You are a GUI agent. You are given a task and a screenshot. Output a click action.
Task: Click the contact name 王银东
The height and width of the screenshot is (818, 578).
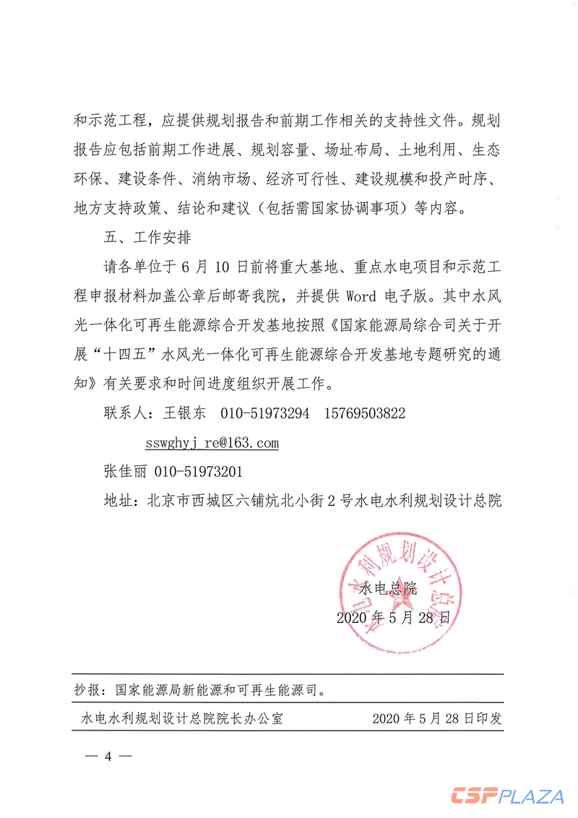click(185, 413)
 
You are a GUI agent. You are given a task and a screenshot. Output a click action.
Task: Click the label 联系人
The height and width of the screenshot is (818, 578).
click(124, 413)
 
